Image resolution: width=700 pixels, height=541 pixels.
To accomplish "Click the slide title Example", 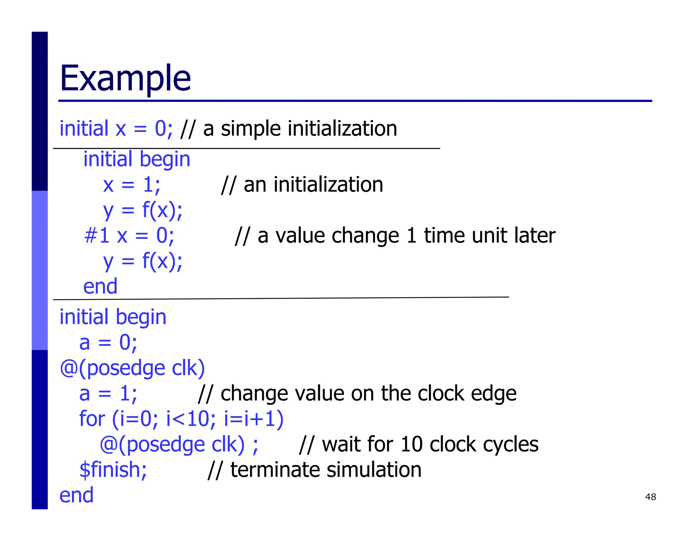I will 125,78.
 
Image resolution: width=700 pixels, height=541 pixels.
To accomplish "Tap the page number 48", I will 650,497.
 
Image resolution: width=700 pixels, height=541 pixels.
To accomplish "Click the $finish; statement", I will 113,470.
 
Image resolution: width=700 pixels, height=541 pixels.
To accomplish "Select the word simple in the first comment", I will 251,129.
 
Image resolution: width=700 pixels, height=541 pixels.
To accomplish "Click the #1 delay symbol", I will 97,236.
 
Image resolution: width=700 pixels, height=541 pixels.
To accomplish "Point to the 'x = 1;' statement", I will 132,185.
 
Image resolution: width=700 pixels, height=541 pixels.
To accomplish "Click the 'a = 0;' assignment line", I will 108,342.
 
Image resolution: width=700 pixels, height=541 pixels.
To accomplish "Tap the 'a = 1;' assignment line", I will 108,393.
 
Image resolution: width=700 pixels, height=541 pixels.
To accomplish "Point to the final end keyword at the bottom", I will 76,495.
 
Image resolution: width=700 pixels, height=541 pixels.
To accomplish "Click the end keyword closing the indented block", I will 100,286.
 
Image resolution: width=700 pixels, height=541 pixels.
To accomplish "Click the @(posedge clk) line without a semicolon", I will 132,368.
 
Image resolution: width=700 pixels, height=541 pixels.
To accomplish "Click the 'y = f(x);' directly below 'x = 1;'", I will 143,210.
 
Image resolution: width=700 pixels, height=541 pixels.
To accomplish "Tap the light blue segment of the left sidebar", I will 40,270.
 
